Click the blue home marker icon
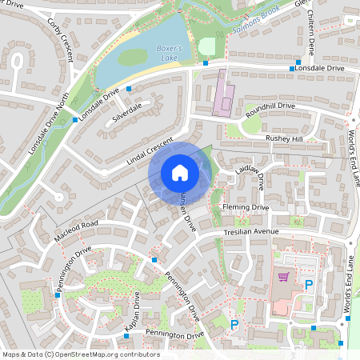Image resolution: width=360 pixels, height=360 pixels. (180, 172)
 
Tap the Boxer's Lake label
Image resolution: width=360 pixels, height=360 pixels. (169, 54)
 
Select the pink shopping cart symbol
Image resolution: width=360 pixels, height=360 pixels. (282, 277)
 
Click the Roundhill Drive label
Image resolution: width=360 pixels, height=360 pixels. (271, 106)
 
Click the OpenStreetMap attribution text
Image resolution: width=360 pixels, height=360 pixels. (80, 354)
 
